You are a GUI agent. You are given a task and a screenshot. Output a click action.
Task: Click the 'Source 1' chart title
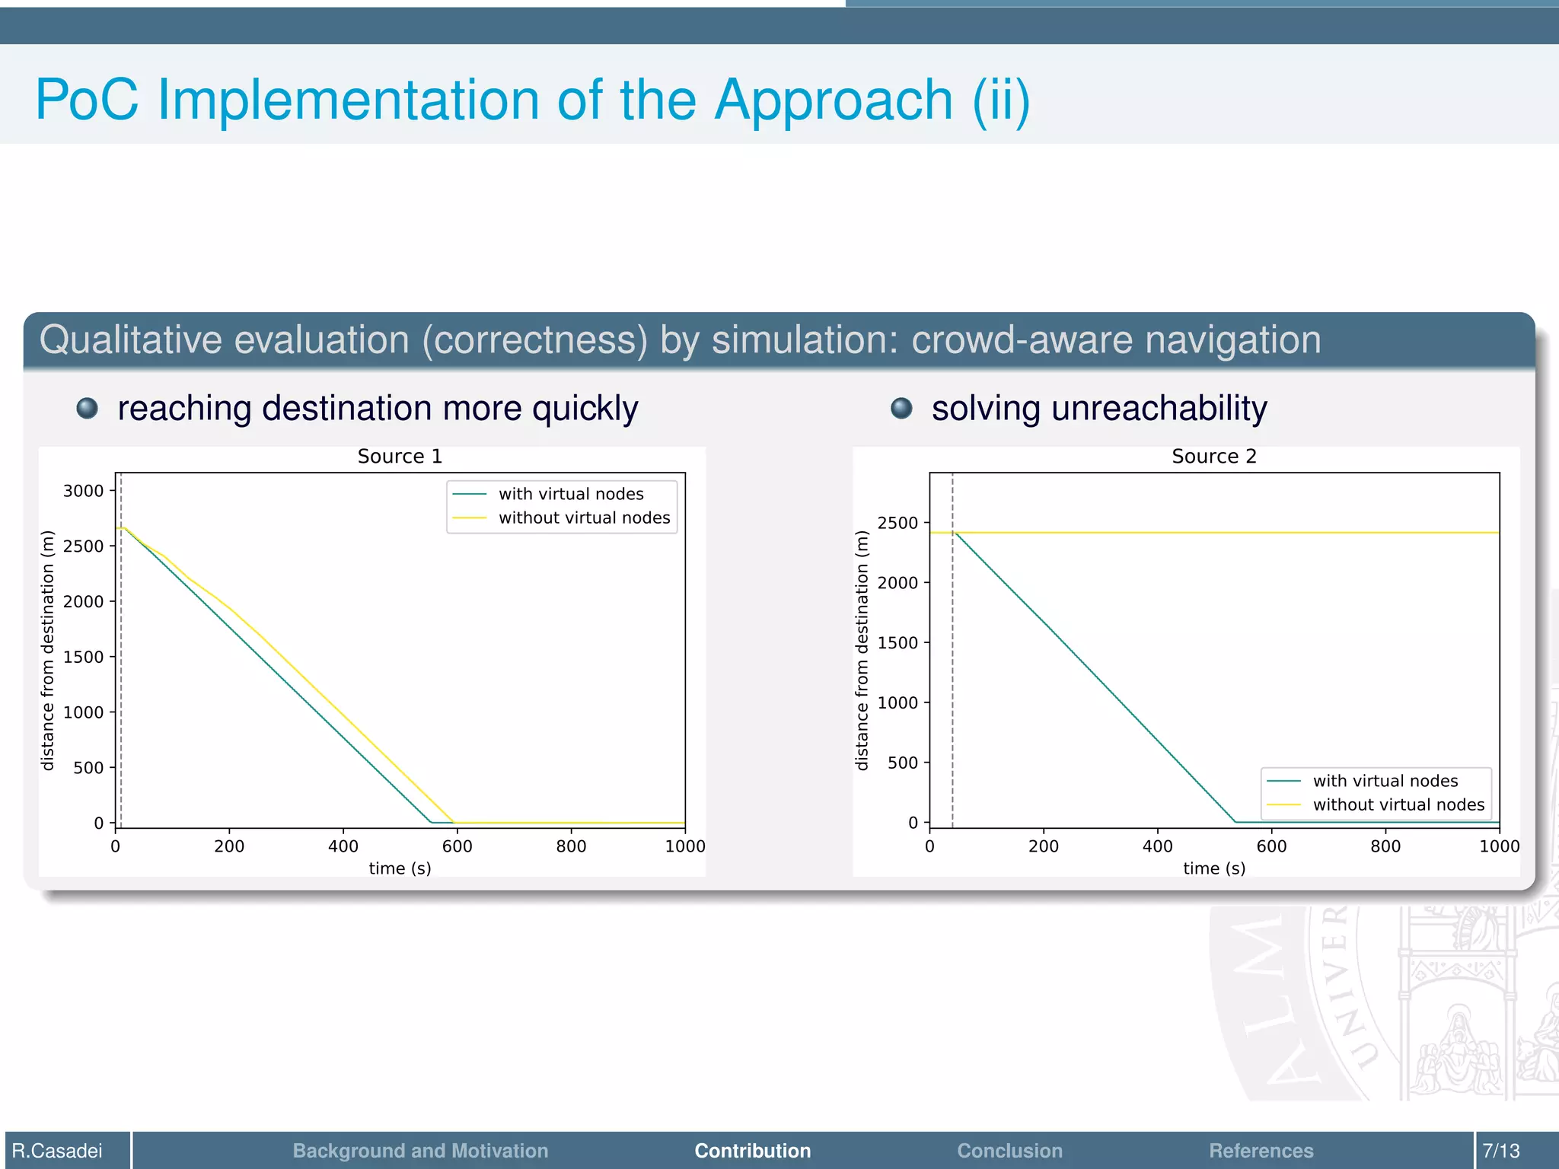400,456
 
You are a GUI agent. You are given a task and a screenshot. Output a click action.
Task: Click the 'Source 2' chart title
1213,456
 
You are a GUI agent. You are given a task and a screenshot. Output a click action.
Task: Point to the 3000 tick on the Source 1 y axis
83,491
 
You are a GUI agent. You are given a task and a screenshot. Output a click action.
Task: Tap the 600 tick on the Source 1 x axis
457,846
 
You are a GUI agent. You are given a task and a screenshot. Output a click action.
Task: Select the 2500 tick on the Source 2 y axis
897,523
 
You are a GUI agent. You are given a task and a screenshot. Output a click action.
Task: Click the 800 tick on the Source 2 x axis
1385,846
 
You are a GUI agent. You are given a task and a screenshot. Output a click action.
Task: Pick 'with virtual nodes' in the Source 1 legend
571,494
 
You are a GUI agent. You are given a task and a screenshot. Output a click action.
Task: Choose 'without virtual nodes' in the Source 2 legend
1398,804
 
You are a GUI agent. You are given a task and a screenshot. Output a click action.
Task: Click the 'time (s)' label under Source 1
400,868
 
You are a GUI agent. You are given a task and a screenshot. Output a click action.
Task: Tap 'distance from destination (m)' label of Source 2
862,651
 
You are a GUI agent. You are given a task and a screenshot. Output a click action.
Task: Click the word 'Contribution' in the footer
752,1151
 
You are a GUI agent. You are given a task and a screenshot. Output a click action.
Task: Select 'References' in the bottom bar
1261,1151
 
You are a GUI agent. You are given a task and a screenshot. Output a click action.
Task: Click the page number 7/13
1500,1151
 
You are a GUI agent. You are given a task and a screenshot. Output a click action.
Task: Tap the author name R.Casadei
57,1151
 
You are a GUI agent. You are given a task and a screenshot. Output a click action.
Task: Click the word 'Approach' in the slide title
833,100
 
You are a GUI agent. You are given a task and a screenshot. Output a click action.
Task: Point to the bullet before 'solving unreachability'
901,409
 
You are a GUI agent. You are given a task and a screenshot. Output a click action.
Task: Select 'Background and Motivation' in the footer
420,1151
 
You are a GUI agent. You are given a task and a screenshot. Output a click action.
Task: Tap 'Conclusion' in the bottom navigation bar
1009,1151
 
